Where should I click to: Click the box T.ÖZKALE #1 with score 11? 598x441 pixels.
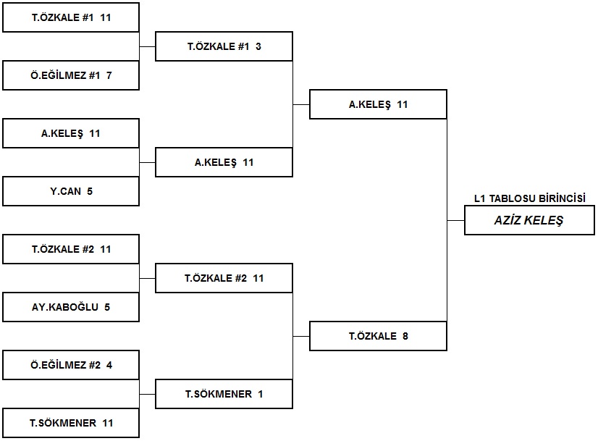(71, 17)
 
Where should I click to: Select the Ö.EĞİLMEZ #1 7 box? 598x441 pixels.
(71, 75)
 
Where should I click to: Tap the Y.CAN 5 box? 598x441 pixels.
(71, 191)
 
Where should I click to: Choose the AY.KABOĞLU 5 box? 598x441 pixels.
(71, 307)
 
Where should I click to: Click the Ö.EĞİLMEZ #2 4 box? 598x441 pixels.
(71, 365)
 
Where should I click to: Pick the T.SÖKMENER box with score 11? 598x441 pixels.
(71, 423)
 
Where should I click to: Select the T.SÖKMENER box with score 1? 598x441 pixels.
(224, 394)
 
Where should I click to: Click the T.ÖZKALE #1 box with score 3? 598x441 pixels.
(224, 46)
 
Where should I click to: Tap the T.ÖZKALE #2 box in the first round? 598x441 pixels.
(71, 249)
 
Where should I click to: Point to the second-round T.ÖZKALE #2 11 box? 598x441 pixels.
(224, 278)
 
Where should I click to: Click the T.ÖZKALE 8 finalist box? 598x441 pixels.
(378, 336)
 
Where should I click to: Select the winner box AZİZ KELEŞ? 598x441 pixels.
(529, 220)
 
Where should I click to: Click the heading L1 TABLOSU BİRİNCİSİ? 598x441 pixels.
(530, 198)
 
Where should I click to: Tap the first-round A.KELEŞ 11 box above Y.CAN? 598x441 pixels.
(71, 133)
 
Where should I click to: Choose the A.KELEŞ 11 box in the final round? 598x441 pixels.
(378, 104)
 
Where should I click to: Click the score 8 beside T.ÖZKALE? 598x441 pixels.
(405, 336)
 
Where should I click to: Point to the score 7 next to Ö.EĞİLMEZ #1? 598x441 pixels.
(109, 75)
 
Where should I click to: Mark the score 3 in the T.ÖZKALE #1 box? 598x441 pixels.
(258, 46)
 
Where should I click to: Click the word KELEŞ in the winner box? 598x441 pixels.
(544, 220)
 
